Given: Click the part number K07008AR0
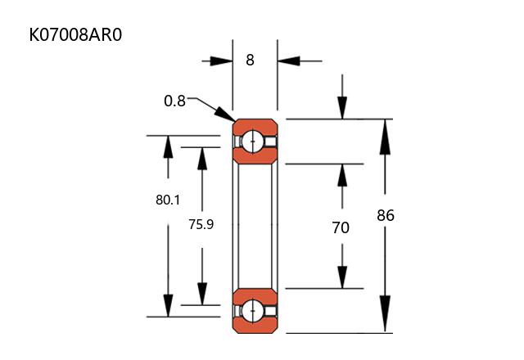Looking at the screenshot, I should (75, 36).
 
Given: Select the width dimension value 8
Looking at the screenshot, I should (250, 60).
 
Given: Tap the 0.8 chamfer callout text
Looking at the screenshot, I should (174, 101).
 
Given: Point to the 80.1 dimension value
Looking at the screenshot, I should (167, 199).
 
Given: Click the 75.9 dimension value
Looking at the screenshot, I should (201, 223).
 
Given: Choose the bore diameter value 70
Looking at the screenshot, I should (341, 227).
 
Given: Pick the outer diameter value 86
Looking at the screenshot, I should (386, 216).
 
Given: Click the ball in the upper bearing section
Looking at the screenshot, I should (254, 142).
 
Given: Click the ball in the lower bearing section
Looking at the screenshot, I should (254, 311).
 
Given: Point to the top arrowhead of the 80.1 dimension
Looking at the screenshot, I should (168, 146).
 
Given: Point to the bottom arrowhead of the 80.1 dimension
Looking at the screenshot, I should (168, 305).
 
